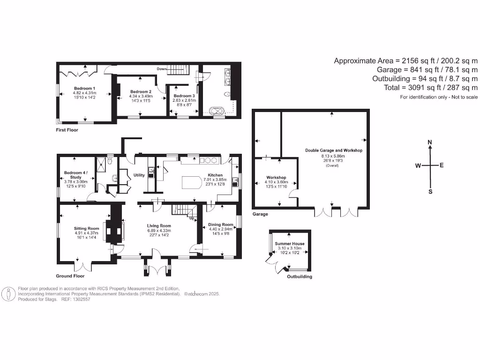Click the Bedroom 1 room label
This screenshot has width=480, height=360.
[x=84, y=88]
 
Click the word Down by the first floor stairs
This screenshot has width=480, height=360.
[x=162, y=69]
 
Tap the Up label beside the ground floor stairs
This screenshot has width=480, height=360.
[x=191, y=218]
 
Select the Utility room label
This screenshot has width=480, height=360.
[x=139, y=175]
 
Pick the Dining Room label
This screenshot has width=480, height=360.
[x=221, y=225]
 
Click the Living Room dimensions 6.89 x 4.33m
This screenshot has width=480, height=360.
[x=159, y=231]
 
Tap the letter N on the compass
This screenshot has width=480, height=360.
[x=430, y=142]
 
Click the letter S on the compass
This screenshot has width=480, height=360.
[x=430, y=191]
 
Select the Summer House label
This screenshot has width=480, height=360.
[x=290, y=244]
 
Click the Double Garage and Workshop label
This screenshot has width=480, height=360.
[x=334, y=150]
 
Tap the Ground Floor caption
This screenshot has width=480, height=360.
[x=70, y=276]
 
